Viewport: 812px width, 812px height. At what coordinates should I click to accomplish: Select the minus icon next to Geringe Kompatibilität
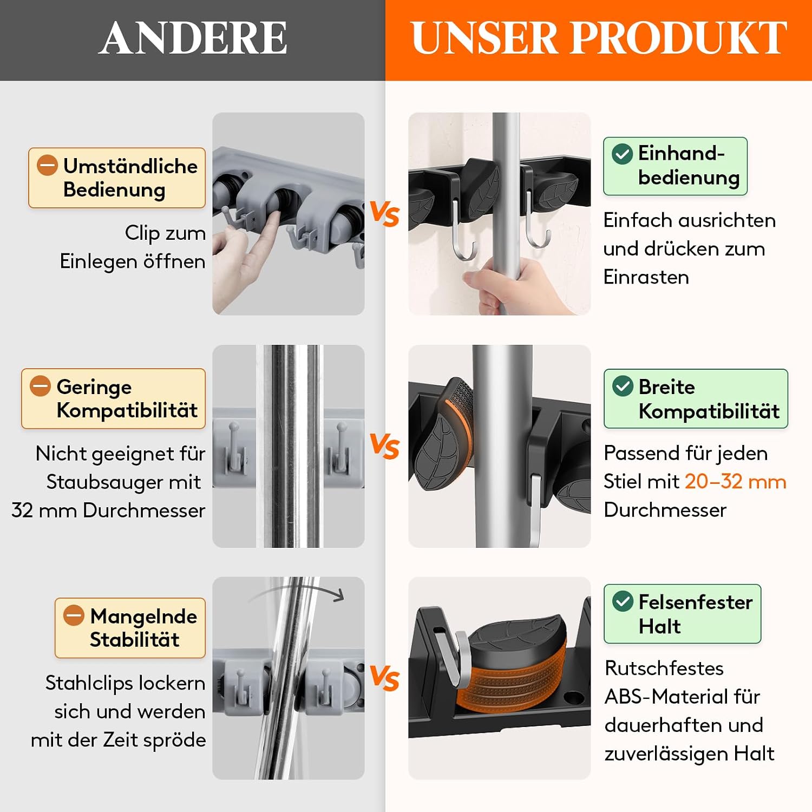pyautogui.click(x=40, y=386)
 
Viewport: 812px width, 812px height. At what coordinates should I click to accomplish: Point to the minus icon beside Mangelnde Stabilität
pyautogui.click(x=74, y=615)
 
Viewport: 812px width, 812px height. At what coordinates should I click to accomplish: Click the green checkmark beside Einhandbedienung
pyautogui.click(x=622, y=154)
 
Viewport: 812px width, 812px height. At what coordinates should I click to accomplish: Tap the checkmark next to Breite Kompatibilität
pyautogui.click(x=623, y=386)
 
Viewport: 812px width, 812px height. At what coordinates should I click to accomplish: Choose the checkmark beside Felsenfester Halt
pyautogui.click(x=623, y=601)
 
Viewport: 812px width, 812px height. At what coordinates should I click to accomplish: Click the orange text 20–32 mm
pyautogui.click(x=735, y=481)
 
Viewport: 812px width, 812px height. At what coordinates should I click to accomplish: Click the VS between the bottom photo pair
pyautogui.click(x=385, y=678)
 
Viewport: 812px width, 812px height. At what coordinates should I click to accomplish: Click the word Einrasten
pyautogui.click(x=646, y=277)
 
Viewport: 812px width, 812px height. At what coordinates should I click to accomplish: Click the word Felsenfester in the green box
pyautogui.click(x=695, y=601)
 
